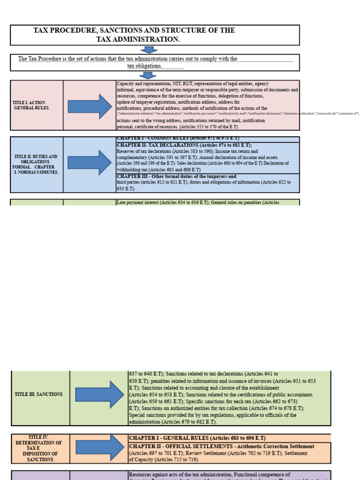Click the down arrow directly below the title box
point(149,50)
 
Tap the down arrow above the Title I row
point(149,75)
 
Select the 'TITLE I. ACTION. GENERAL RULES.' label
point(31,105)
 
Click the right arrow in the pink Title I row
point(90,106)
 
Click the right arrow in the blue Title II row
point(90,163)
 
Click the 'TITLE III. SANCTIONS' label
point(38,394)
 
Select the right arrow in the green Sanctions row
point(99,394)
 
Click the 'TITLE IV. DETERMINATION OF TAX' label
point(38,448)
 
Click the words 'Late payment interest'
point(137,202)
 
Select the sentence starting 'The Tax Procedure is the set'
point(127,59)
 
